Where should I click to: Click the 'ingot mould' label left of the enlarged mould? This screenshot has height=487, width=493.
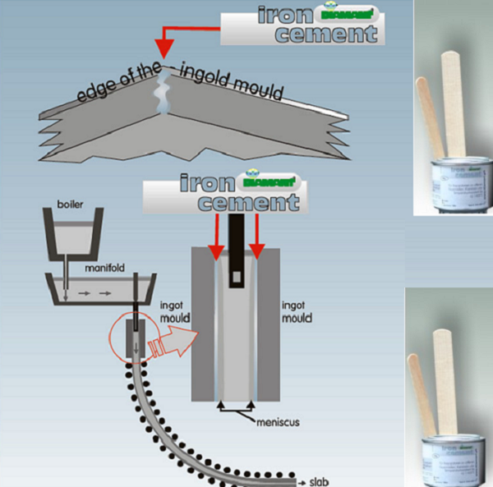tap(166, 311)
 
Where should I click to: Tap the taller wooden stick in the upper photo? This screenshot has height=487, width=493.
tap(452, 99)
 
